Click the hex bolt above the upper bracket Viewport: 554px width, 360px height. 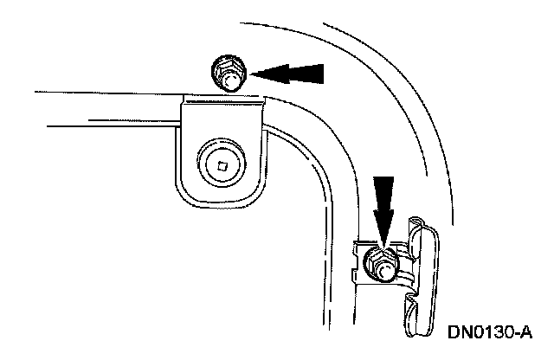(228, 72)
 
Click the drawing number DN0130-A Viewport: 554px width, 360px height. (488, 332)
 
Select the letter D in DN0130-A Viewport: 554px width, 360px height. (454, 332)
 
